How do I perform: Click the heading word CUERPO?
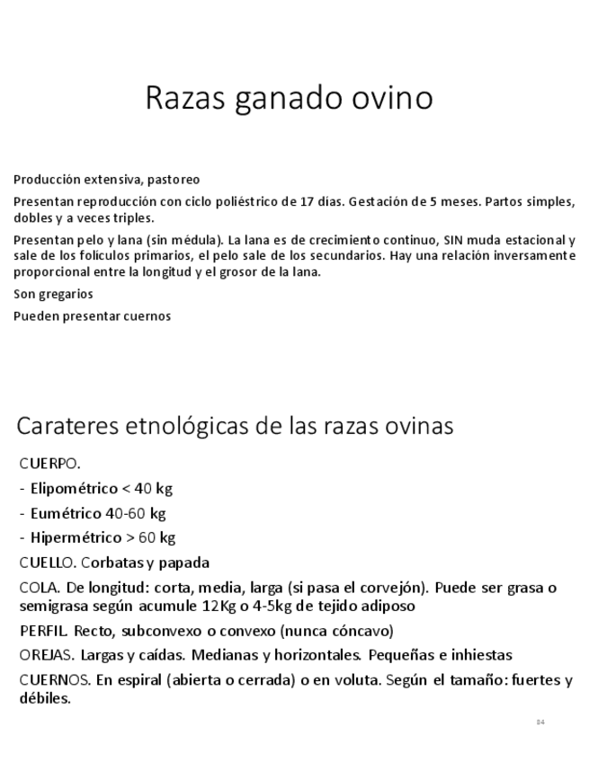(49, 464)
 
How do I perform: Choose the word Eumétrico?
(69, 514)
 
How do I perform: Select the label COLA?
(40, 589)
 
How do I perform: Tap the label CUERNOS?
(54, 680)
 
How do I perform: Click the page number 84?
(540, 722)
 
